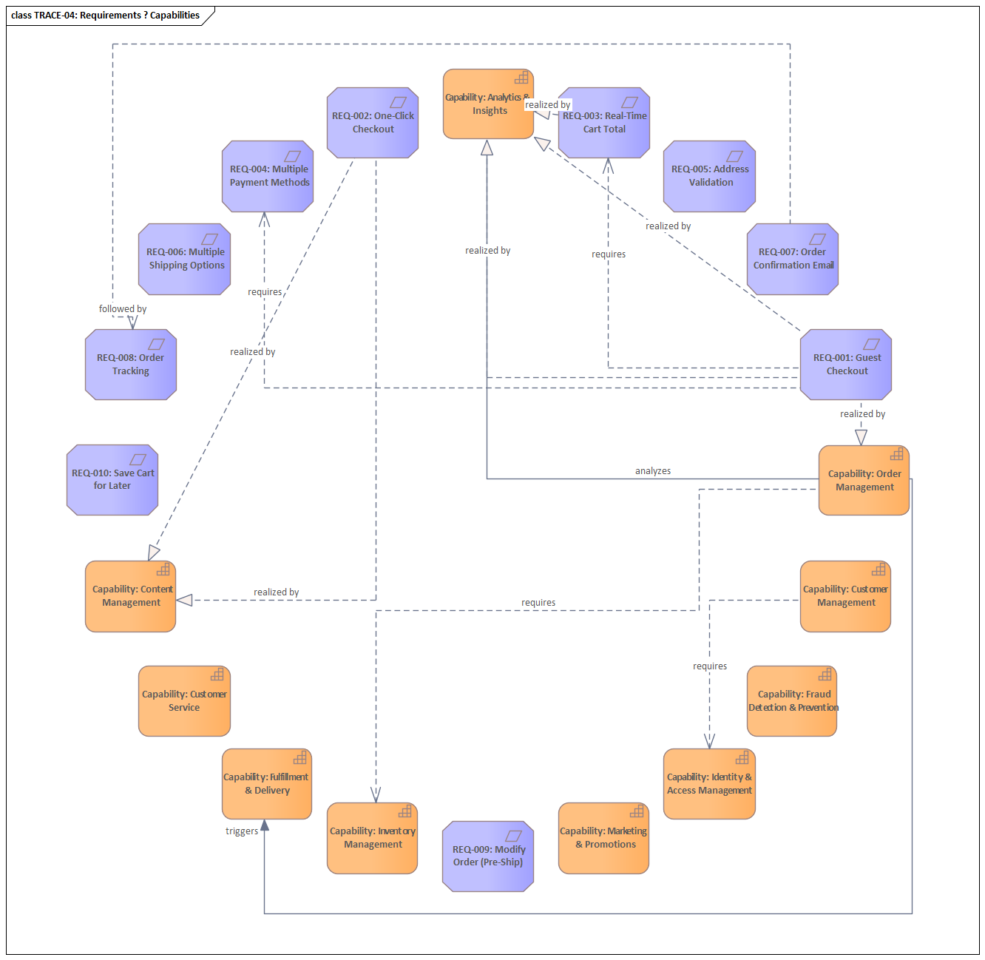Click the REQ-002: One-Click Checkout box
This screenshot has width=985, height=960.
coord(373,123)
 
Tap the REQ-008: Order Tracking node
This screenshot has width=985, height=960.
coord(131,365)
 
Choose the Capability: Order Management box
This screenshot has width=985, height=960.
coord(864,481)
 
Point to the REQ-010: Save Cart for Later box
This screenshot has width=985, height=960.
coord(112,480)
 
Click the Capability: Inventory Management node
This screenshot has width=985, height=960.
coord(373,838)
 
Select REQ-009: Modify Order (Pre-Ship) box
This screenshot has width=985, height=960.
coord(488,856)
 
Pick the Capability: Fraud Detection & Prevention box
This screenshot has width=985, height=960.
coord(792,701)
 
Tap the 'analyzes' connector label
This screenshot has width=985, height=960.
coord(653,471)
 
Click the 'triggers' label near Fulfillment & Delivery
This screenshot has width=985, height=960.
coord(242,831)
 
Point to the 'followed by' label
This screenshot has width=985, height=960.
coord(123,309)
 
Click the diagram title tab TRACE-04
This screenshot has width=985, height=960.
coord(106,16)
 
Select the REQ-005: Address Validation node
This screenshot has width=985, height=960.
coord(710,176)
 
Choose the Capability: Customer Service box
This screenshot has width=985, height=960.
coord(184,701)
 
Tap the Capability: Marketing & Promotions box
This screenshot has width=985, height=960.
coord(603,838)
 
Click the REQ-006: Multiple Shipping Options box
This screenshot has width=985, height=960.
coord(185,259)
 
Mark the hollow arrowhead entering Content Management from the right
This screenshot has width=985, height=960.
coord(185,600)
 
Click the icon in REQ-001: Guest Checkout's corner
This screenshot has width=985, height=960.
coord(872,344)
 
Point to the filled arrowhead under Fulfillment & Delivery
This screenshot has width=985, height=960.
coord(265,825)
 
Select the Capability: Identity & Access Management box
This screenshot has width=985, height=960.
coord(709,784)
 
